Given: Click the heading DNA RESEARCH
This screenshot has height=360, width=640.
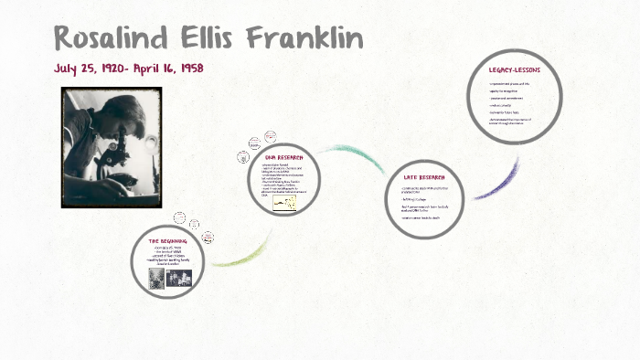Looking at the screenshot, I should tap(283, 158).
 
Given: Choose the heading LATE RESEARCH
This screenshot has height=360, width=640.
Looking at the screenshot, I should tap(425, 176).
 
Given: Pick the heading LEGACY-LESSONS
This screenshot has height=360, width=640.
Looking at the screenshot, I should tap(515, 69).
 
